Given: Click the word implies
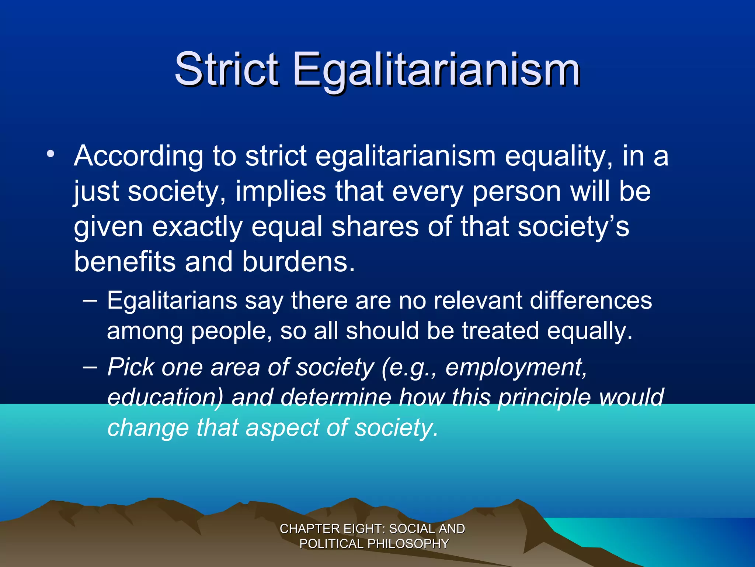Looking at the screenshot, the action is pos(281,192).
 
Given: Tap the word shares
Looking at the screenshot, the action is pos(375,227).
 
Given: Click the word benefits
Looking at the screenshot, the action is pos(125,262).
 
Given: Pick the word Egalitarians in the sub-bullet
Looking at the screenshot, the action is pos(172,300).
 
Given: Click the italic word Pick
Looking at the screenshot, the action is pos(131,368).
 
